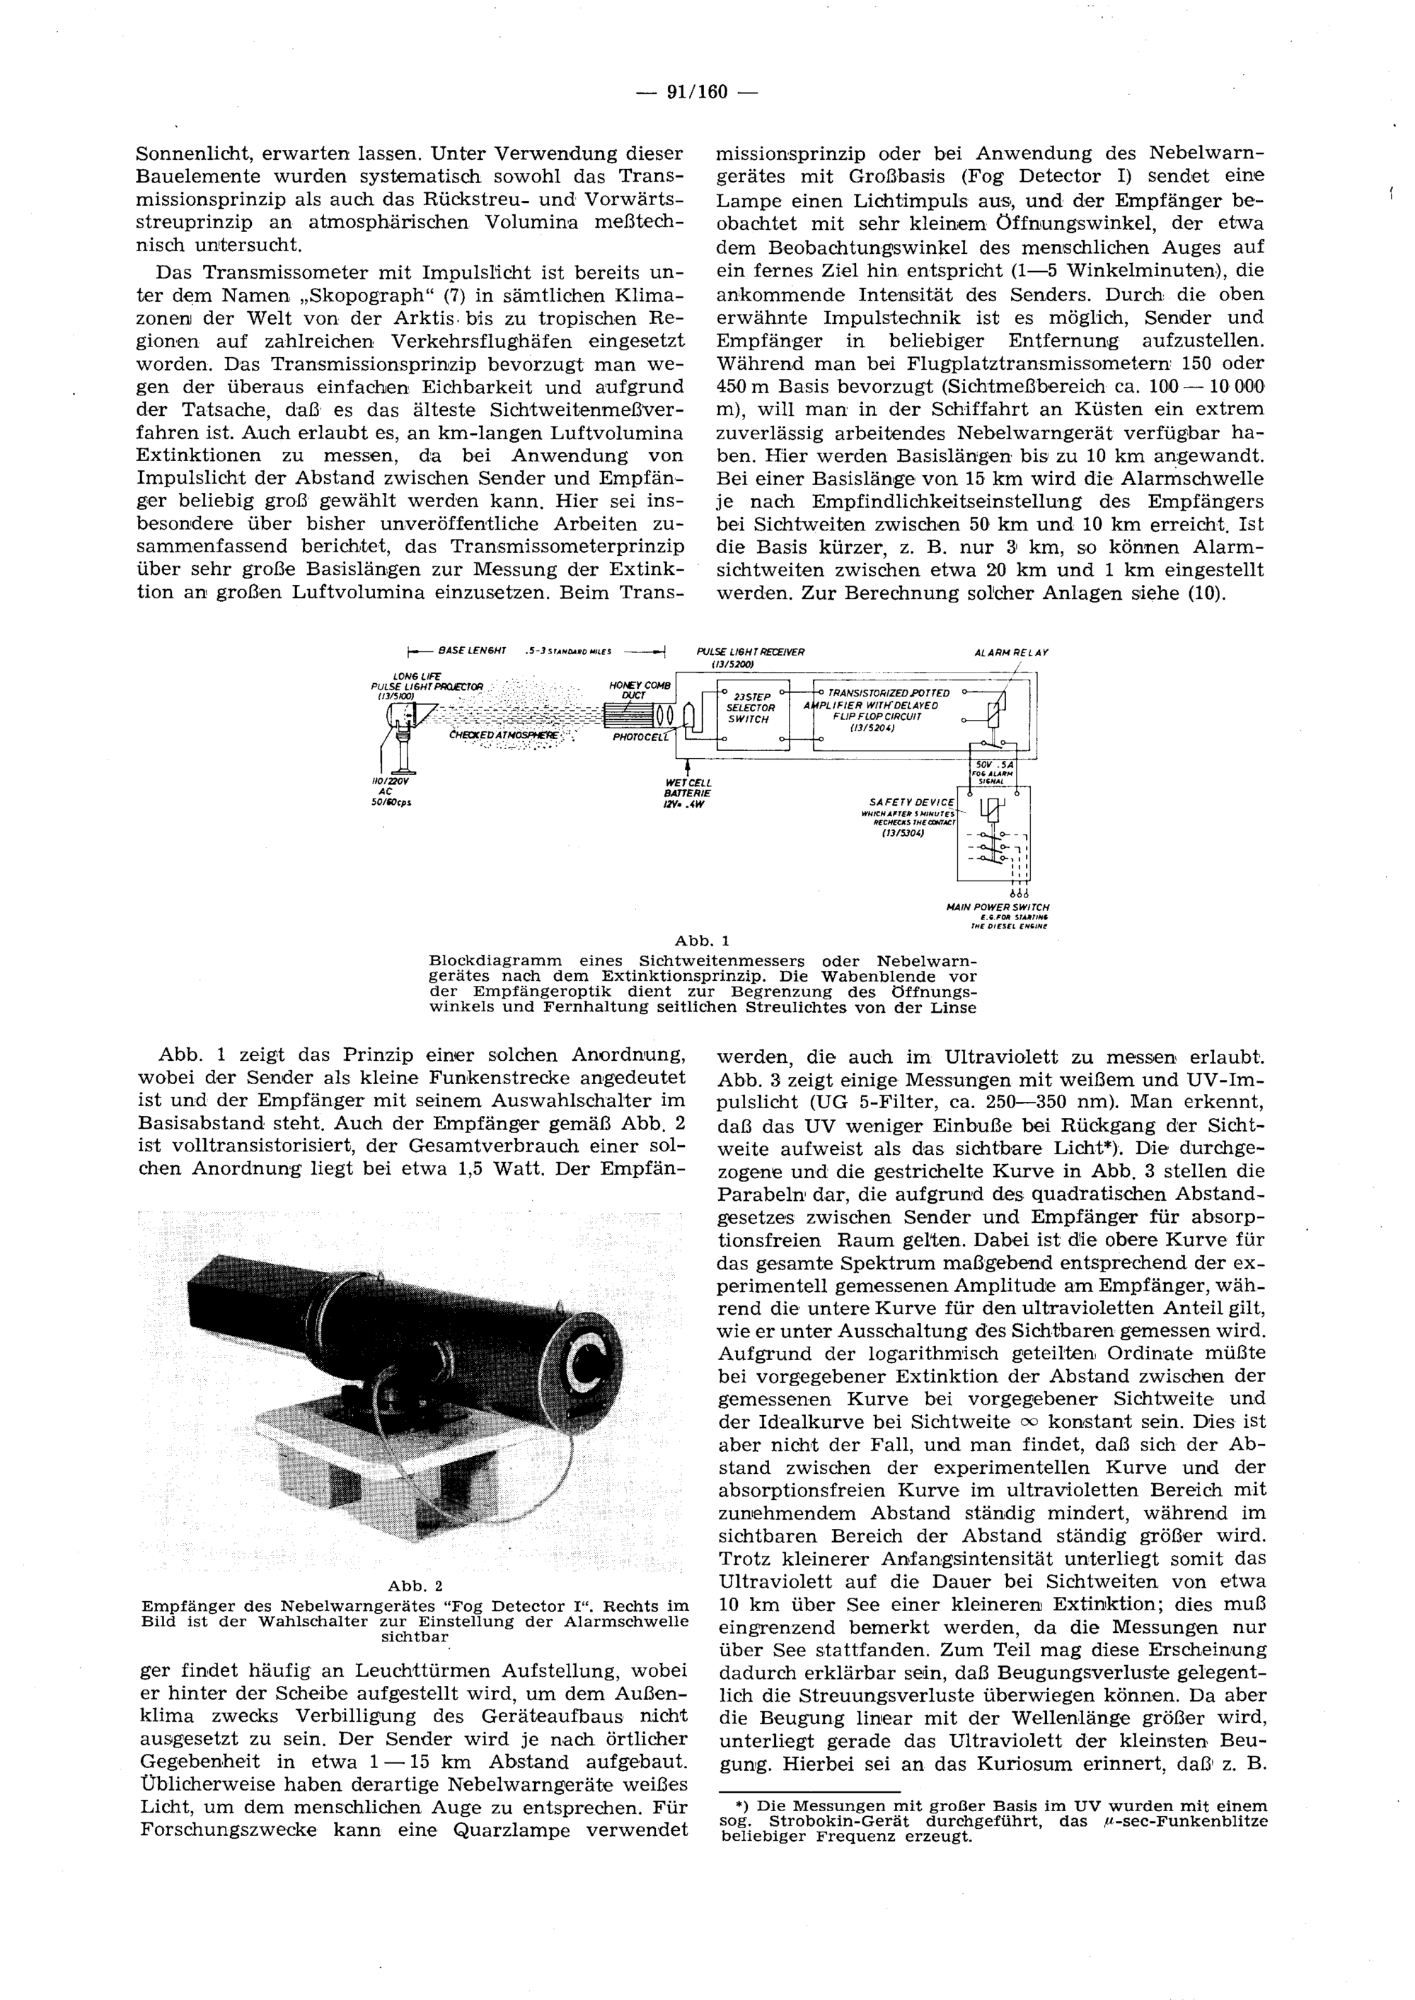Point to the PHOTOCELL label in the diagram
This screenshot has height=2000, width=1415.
[640, 737]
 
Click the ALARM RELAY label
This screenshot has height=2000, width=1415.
[1011, 651]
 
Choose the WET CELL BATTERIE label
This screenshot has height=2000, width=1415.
[688, 793]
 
